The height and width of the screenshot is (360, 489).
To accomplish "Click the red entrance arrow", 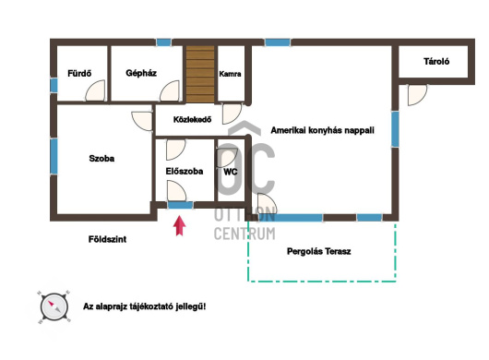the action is click(x=179, y=225).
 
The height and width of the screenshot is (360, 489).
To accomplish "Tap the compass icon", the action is click(x=54, y=307).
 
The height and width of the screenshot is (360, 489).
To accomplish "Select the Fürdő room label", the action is click(x=79, y=73).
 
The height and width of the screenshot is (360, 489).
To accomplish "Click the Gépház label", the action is click(x=141, y=73).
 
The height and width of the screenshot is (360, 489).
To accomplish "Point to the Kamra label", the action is click(x=230, y=74).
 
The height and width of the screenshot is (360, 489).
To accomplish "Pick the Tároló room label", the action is click(x=436, y=61).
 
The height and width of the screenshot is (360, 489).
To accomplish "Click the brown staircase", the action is click(x=200, y=74).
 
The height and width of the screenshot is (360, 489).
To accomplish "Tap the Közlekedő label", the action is click(x=192, y=119).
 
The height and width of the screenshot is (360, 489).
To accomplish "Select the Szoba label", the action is click(x=101, y=159).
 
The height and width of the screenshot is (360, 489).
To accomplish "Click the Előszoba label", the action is click(x=185, y=172).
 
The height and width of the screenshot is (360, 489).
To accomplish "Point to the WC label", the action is click(x=231, y=172).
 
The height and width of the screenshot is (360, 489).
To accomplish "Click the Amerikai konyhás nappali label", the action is click(x=323, y=130).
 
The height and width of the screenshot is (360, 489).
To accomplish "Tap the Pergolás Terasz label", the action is click(x=318, y=251).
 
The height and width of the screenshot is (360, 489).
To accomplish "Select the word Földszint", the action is click(x=107, y=239).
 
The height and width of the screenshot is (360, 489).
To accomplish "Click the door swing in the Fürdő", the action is click(x=95, y=90).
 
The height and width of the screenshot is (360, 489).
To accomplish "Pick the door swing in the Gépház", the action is click(x=170, y=90).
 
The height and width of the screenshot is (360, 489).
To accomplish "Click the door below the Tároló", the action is click(x=417, y=95).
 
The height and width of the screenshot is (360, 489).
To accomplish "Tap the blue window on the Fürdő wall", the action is click(x=54, y=85).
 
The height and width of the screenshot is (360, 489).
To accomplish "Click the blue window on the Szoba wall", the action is click(x=54, y=156).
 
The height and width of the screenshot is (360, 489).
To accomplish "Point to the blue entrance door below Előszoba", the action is click(x=181, y=205).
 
